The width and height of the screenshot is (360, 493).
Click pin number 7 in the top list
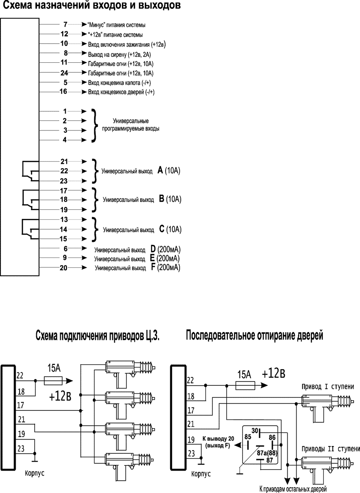65,25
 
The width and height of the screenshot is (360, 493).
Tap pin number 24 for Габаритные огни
64,73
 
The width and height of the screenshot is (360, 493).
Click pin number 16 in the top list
64,91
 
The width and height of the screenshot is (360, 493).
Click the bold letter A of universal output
160,171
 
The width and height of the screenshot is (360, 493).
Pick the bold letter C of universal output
161,229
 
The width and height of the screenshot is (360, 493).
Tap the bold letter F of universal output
153,268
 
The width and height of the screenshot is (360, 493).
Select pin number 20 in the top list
64,267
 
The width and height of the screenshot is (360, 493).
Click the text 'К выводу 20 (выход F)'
216,443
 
